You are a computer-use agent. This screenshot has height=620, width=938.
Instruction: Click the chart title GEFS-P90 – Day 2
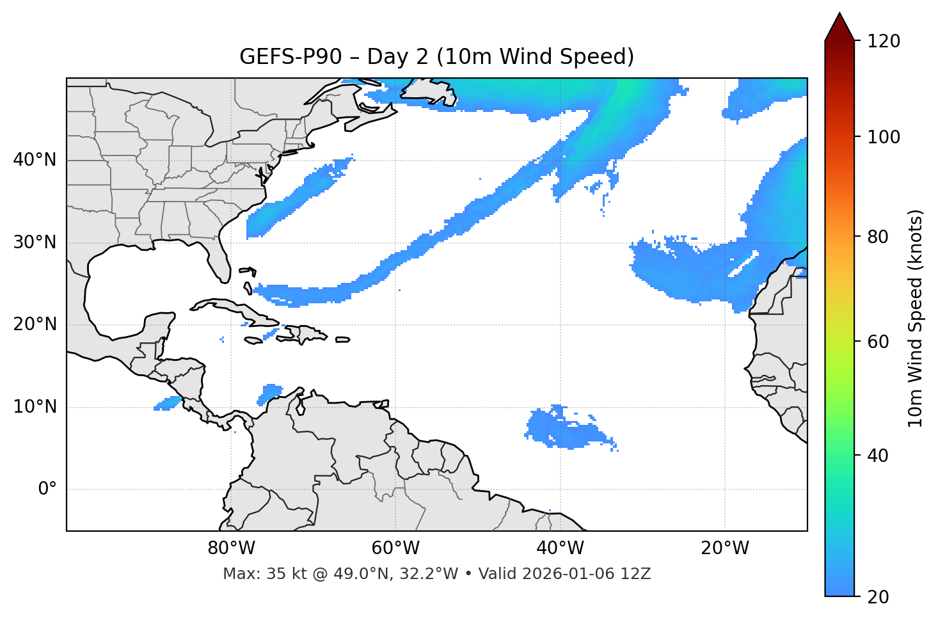point(436,57)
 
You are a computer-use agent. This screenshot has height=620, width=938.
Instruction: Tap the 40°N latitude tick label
point(35,160)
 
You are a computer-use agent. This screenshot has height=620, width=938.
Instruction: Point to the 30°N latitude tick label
point(35,242)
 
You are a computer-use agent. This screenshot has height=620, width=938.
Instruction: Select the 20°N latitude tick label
point(35,324)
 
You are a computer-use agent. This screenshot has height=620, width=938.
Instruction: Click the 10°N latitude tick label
point(35,407)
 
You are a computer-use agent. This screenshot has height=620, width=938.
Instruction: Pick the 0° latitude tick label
point(47,489)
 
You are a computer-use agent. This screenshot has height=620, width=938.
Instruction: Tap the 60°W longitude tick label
point(395,548)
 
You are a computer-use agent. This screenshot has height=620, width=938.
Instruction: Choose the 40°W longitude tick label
point(560,548)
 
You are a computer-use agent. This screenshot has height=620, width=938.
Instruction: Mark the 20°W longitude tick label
point(725,548)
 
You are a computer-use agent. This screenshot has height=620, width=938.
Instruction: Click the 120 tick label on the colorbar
point(884,42)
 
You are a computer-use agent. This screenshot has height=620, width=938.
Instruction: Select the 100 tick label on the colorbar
point(884,137)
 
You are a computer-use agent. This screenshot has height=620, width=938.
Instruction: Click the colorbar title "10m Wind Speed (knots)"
point(916,319)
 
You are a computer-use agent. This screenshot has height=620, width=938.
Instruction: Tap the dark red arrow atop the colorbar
point(839,27)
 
